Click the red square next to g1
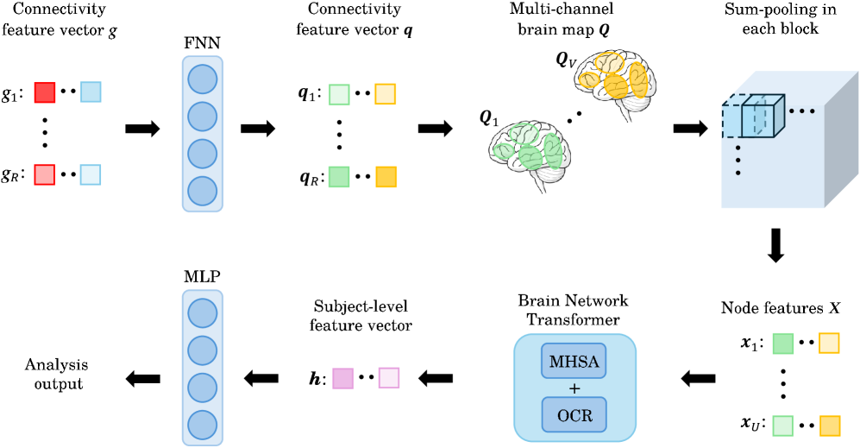tap(45, 91)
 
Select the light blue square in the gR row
tap(90, 175)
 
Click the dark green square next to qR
tap(339, 177)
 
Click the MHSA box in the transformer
tap(574, 358)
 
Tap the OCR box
tap(574, 415)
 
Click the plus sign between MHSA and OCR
tap(574, 387)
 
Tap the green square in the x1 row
tap(782, 343)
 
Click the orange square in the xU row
tap(828, 426)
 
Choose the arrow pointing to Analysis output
tap(142, 376)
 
